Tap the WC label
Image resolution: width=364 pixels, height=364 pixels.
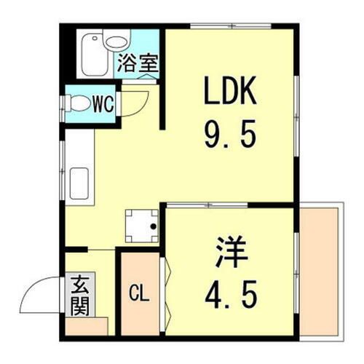[103, 103]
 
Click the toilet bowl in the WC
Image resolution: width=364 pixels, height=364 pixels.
[79, 103]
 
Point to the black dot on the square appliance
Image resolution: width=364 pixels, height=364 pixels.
[153, 226]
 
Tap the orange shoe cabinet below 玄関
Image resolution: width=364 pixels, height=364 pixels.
[86, 325]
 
